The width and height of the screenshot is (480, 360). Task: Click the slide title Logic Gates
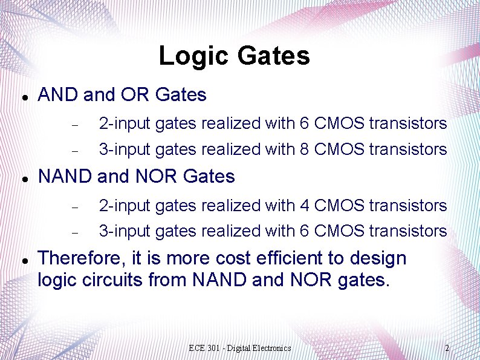point(234,56)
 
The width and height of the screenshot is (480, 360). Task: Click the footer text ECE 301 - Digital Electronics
point(239,348)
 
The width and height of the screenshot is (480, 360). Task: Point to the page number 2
point(447,348)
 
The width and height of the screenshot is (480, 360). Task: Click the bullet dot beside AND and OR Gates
point(22,97)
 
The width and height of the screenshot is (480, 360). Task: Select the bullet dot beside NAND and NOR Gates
point(22,178)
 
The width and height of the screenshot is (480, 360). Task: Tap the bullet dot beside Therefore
point(22,260)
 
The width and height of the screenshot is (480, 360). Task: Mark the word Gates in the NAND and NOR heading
point(209,177)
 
